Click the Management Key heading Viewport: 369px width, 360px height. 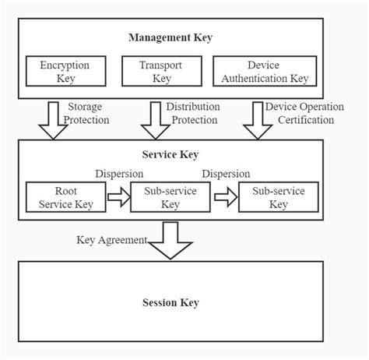pos(170,37)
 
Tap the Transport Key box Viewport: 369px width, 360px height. pos(161,72)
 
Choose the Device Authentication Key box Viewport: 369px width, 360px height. pos(264,72)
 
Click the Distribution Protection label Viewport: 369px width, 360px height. pos(192,114)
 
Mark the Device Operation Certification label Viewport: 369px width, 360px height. pos(300,114)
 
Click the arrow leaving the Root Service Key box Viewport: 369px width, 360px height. pos(118,199)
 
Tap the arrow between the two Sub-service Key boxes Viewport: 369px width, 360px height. pos(223,199)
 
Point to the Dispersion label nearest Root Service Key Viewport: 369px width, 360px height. pos(118,175)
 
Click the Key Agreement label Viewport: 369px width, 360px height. pos(111,240)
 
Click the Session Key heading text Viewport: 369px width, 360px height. pos(170,302)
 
